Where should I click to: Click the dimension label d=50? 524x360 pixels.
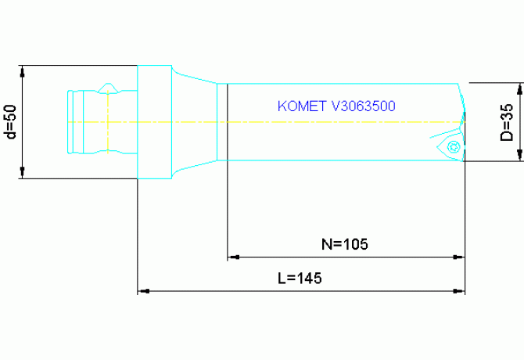[10, 122]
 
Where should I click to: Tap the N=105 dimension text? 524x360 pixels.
[345, 243]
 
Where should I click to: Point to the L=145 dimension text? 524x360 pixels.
[300, 279]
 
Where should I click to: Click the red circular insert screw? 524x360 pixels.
[452, 146]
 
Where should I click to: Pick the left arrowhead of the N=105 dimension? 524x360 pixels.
[232, 257]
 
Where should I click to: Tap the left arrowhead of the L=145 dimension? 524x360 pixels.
[143, 291]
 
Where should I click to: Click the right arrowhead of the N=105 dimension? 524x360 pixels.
[460, 257]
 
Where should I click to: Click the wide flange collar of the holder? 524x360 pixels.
[154, 122]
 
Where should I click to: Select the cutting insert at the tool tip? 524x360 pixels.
[449, 146]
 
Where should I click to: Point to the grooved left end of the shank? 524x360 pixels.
[74, 122]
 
